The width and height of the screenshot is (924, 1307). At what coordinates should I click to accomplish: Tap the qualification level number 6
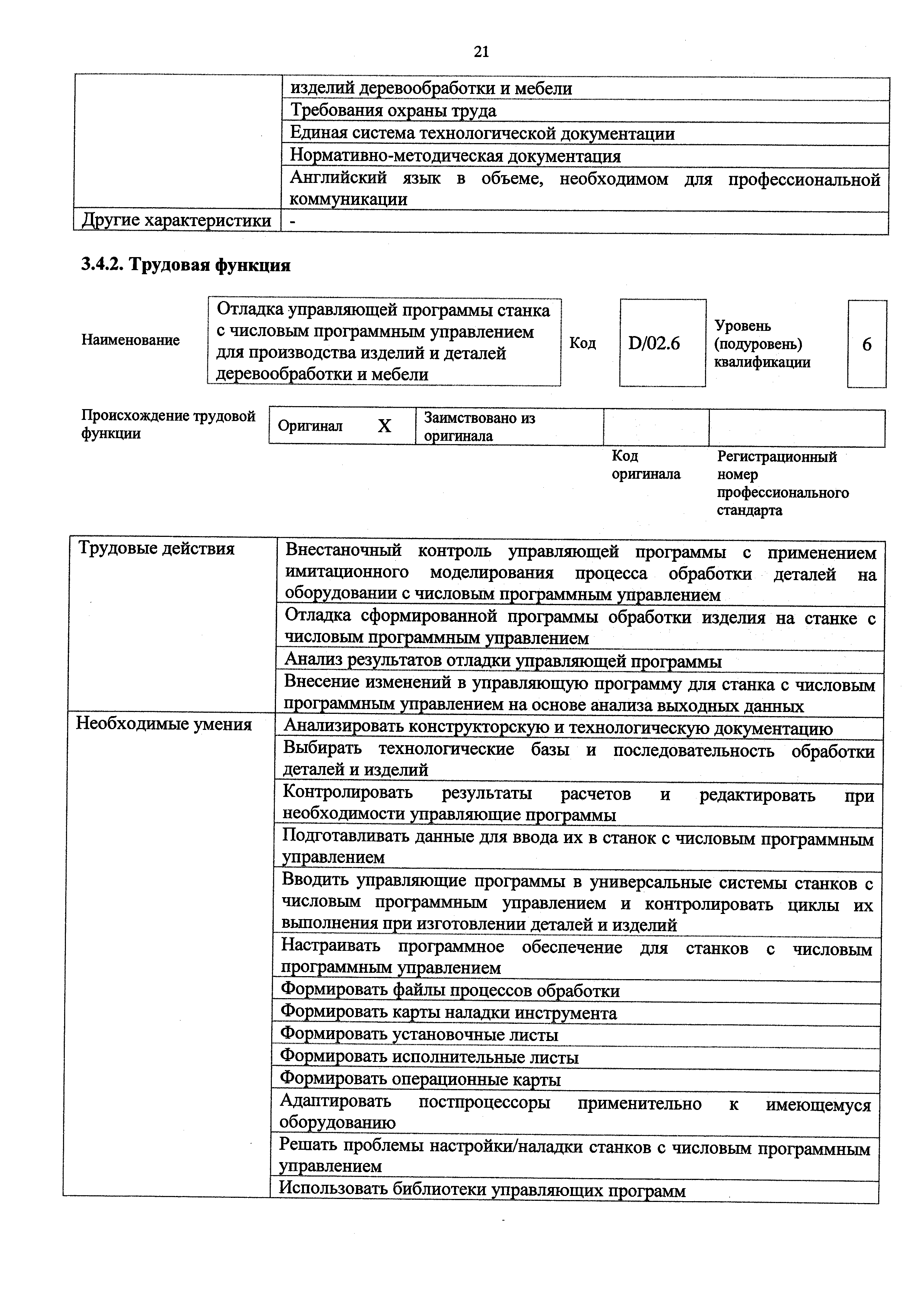point(867,344)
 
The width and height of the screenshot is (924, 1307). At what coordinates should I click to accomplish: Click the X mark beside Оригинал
point(385,426)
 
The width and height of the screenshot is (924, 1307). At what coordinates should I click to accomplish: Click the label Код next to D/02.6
point(582,343)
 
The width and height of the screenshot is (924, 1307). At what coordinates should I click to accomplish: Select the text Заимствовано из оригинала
point(480,427)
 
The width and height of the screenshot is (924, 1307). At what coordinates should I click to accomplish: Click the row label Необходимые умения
point(164,725)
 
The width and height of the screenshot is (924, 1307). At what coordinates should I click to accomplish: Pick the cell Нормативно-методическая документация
point(455,156)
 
